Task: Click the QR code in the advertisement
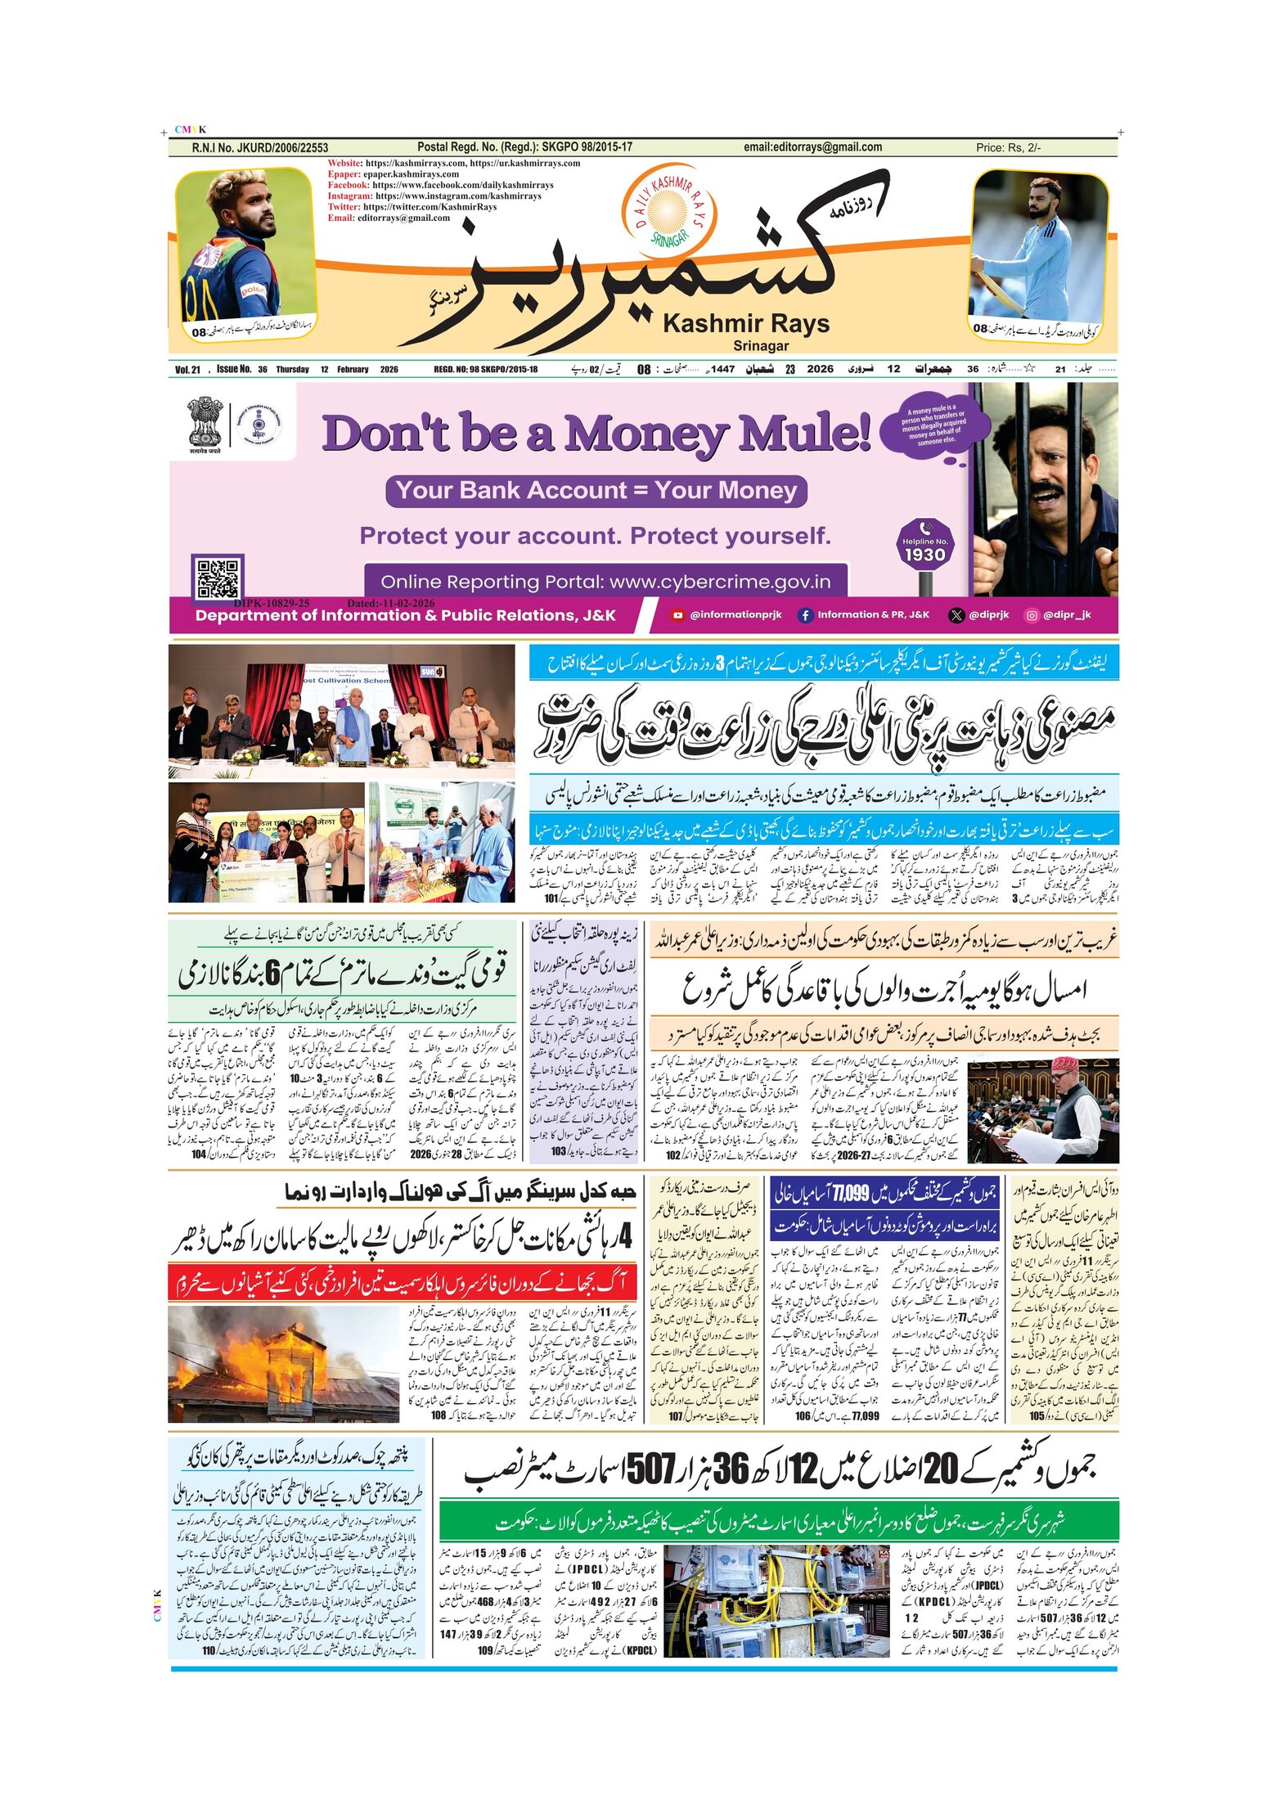[x=218, y=578]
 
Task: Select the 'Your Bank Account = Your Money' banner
[x=596, y=490]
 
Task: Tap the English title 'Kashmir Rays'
[x=746, y=324]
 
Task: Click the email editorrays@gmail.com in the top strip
[x=812, y=147]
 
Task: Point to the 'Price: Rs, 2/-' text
[x=1008, y=148]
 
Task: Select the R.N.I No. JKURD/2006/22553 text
[x=259, y=148]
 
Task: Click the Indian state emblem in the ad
[x=204, y=422]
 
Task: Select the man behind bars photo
[x=1045, y=489]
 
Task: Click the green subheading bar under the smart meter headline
[x=778, y=1522]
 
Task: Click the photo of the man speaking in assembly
[x=1042, y=1109]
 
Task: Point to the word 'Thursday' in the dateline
[x=292, y=370]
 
